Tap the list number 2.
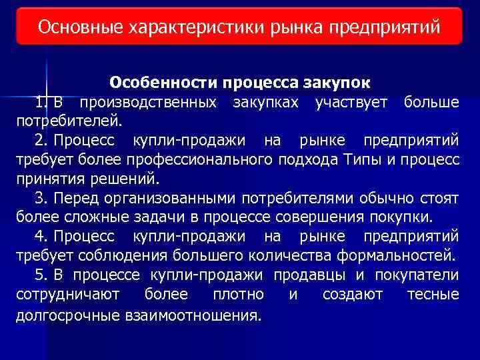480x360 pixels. point(42,141)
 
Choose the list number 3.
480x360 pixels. point(42,199)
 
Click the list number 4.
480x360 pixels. point(42,237)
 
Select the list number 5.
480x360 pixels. point(42,275)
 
